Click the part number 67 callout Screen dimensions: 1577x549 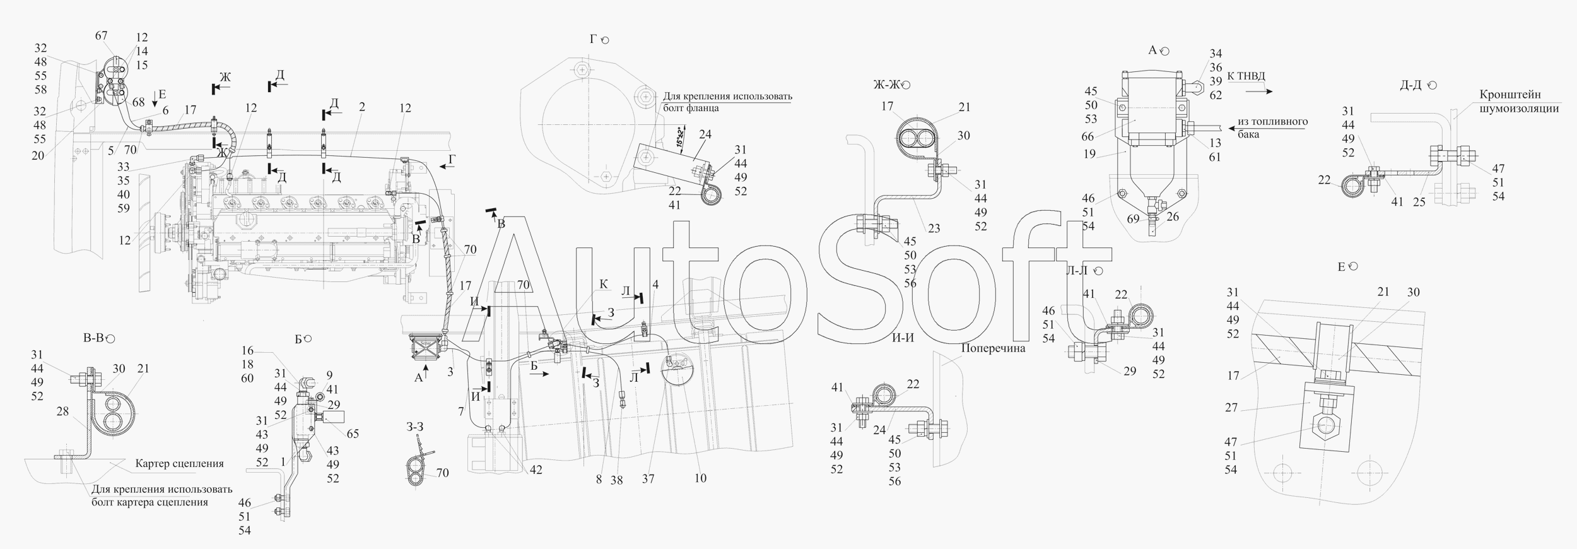[x=102, y=36]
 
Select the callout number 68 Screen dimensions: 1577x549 [x=138, y=102]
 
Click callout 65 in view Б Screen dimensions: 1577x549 [x=352, y=434]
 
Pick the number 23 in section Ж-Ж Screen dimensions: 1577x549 [x=934, y=228]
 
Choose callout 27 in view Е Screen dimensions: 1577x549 [x=1231, y=408]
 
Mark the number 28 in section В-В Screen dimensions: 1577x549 [x=62, y=411]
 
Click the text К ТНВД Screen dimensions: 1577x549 [x=1246, y=76]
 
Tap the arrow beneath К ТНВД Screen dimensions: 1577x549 [x=1259, y=91]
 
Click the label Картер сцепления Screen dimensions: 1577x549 [x=180, y=464]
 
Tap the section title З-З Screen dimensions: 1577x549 [x=415, y=427]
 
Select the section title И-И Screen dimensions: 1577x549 [x=903, y=338]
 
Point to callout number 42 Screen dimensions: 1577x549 [x=535, y=470]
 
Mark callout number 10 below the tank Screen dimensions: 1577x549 [x=700, y=478]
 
